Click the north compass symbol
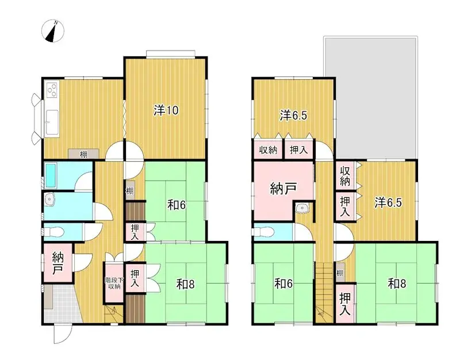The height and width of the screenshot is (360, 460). click(53, 31)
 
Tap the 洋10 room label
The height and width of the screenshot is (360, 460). click(166, 110)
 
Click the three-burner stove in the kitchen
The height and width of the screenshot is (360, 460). click(52, 90)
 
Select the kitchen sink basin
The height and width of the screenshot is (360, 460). click(52, 122)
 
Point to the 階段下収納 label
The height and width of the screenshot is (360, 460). click(114, 283)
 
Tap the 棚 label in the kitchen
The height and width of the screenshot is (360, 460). click(83, 154)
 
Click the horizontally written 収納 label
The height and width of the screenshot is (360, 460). click(268, 150)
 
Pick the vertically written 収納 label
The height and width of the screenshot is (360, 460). click(345, 177)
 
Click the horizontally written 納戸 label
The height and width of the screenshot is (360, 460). click(283, 188)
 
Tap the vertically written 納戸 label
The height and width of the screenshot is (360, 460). click(57, 263)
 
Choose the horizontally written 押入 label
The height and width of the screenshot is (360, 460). click(298, 150)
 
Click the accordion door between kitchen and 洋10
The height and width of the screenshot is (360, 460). click(125, 119)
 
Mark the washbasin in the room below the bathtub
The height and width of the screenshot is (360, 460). click(50, 200)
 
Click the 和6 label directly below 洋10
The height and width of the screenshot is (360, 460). click(177, 205)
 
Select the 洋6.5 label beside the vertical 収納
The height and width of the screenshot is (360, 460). click(388, 202)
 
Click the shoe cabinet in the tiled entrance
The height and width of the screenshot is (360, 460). click(48, 297)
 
